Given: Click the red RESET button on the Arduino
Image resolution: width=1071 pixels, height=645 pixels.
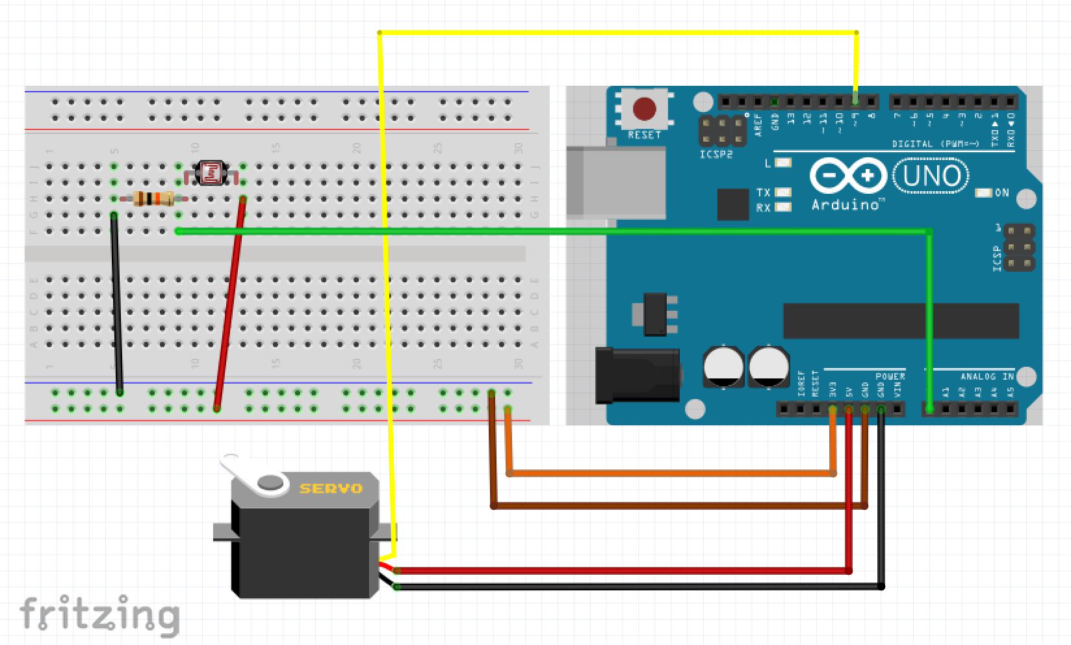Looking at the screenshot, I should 644,109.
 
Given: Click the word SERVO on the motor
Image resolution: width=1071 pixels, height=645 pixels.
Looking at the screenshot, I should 331,488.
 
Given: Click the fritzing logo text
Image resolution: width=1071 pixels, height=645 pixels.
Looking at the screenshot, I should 99,614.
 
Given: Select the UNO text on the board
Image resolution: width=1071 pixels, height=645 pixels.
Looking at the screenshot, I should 931,176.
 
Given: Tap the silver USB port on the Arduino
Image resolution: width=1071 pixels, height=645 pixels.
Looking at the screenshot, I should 615,182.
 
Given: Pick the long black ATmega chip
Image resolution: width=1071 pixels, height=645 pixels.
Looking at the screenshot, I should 900,321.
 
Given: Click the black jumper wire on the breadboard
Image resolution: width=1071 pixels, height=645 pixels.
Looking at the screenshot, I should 116,302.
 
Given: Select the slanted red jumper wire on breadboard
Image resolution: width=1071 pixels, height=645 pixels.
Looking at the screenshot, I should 230,302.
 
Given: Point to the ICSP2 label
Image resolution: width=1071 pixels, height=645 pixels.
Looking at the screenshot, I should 717,155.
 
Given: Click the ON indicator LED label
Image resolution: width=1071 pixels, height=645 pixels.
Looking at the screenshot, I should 1001,192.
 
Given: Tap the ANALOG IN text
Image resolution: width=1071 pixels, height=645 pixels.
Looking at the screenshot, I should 987,376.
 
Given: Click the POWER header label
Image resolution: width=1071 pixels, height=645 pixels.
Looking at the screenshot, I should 890,376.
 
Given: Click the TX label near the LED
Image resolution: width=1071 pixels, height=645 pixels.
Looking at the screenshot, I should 763,192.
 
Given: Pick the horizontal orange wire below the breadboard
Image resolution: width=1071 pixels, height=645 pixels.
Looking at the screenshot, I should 669,473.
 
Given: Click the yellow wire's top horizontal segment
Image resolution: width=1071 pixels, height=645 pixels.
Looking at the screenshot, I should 617,32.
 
